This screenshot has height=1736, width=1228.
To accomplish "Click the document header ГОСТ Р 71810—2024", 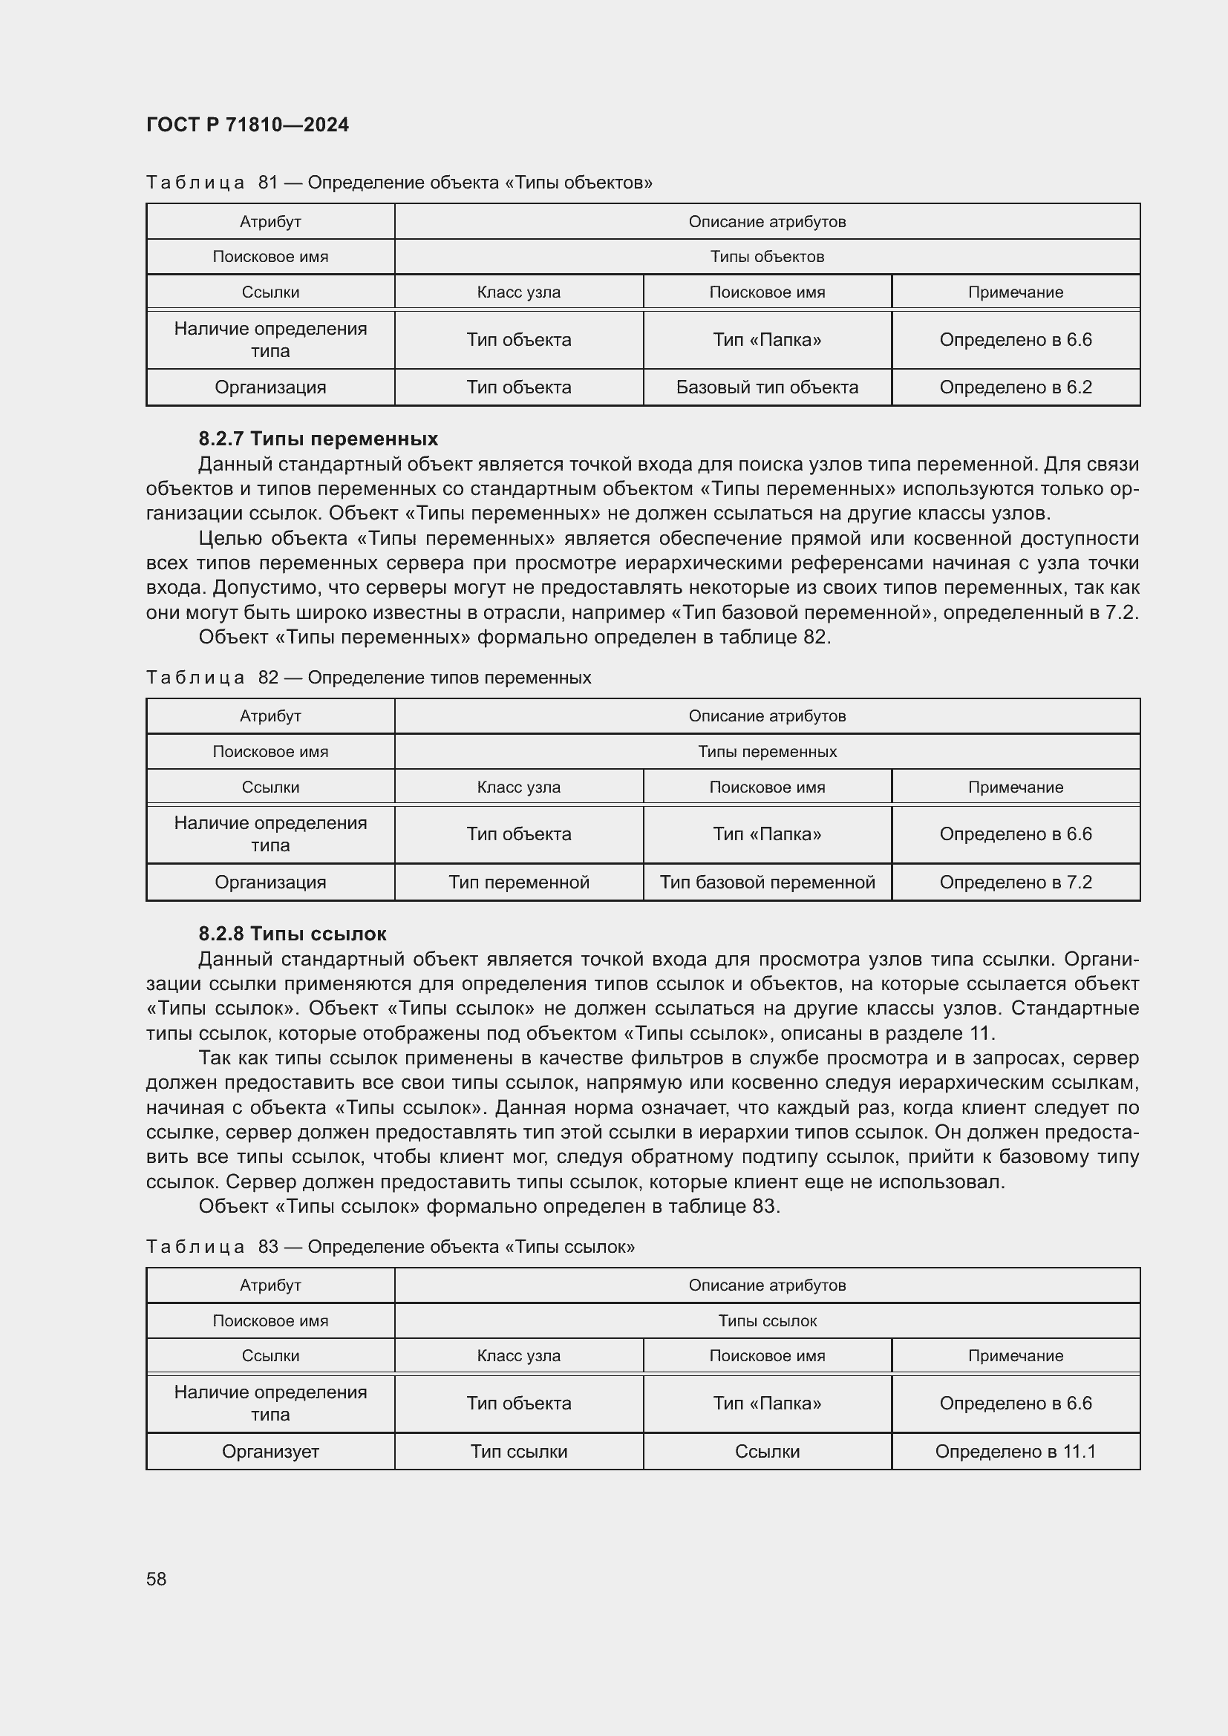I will point(247,125).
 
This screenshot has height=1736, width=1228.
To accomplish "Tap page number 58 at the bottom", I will point(157,1579).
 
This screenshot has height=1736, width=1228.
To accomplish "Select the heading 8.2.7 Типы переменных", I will point(319,439).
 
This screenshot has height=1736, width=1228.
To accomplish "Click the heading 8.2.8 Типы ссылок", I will point(293,934).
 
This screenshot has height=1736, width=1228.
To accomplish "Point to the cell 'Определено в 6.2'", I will point(1015,387).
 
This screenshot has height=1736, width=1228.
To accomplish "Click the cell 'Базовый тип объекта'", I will point(767,387).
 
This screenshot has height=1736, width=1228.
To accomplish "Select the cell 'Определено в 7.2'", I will point(1015,882).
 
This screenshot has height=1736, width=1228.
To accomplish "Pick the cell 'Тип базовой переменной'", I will point(767,882).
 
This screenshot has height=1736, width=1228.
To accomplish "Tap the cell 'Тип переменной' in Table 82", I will point(519,882).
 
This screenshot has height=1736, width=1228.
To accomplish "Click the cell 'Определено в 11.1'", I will point(1015,1451).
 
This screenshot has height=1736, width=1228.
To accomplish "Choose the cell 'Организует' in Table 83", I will point(270,1451).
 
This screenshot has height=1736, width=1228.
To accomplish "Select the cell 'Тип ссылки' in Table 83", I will point(519,1451).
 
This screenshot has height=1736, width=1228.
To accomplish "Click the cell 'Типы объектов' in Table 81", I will point(767,257).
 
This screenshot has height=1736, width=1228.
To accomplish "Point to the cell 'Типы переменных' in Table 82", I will point(767,752).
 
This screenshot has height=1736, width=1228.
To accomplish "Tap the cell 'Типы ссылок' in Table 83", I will point(767,1321).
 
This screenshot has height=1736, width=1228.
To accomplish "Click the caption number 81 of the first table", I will point(269,183).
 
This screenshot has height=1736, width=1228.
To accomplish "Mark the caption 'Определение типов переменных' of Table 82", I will point(449,678).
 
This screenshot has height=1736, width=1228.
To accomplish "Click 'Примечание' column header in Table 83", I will point(1015,1356).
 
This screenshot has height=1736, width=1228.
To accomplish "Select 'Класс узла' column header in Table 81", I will point(519,292).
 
